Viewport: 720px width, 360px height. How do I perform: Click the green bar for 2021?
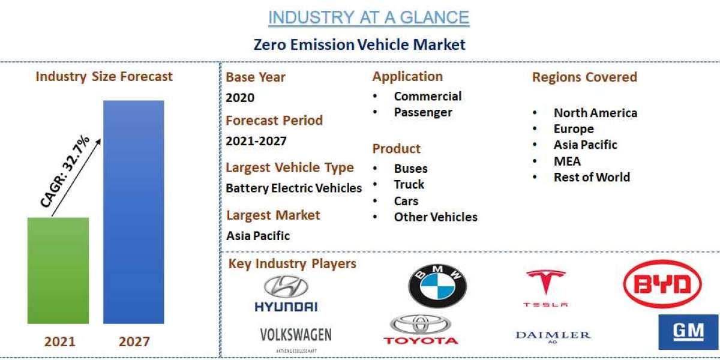click(58, 270)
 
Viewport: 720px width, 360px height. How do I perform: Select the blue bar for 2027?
click(133, 212)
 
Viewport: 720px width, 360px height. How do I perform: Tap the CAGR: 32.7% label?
click(66, 172)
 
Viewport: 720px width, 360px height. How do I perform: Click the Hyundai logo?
click(286, 294)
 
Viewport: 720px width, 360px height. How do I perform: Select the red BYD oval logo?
click(662, 284)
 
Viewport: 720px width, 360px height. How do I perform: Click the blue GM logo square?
click(688, 332)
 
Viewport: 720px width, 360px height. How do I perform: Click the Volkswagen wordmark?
click(296, 335)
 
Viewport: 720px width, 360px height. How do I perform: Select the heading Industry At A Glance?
click(368, 18)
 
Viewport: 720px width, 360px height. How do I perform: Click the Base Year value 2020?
click(240, 98)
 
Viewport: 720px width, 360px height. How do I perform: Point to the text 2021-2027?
click(256, 142)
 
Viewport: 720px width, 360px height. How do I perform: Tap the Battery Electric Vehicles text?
click(294, 188)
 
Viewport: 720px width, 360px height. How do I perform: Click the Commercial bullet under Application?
click(427, 96)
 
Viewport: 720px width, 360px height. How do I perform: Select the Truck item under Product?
click(409, 184)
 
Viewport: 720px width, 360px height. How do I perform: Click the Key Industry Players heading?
click(292, 263)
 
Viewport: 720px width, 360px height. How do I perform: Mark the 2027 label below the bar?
click(134, 342)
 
